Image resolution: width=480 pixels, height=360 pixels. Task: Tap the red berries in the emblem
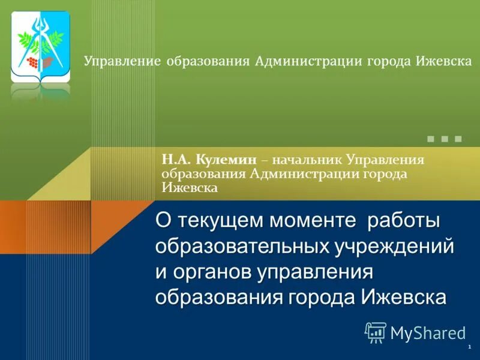point(33,61)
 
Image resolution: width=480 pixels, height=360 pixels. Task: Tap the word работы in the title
point(404,221)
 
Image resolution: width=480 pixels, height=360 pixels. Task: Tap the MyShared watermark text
point(428,332)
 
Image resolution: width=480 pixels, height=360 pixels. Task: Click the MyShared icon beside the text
point(375,332)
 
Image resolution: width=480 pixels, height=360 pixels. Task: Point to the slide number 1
point(467,348)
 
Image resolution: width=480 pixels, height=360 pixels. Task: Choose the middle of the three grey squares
point(444,139)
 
